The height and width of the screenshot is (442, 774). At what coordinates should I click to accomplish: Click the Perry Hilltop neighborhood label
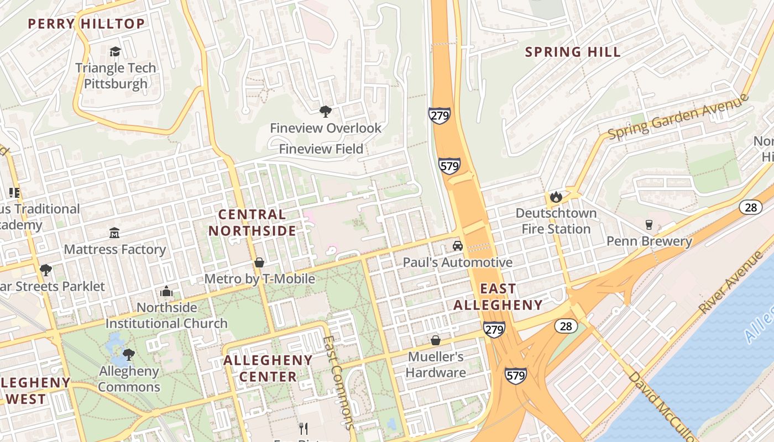tap(86, 24)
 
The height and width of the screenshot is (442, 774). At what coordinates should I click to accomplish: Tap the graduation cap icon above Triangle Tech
tap(115, 51)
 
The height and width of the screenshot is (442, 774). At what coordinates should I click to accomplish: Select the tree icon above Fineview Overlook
tap(326, 112)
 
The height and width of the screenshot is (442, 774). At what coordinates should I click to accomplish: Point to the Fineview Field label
tap(321, 149)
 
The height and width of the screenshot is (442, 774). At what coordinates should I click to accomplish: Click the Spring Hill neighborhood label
tap(573, 52)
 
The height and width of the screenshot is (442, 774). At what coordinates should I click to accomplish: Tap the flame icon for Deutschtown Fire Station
tap(556, 197)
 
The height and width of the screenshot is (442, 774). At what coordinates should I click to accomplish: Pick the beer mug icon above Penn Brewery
tap(649, 225)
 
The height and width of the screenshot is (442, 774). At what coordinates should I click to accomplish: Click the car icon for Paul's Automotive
tap(457, 245)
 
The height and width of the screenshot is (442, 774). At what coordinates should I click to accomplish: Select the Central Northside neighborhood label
tap(252, 223)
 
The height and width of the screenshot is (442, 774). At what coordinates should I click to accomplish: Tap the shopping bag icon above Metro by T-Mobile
tap(259, 262)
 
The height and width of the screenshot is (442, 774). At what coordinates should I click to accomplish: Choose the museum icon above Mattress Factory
tap(114, 233)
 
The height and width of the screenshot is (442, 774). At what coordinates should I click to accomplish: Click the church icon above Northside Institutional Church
tap(166, 291)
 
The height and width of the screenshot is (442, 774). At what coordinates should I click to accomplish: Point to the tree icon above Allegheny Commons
tap(129, 354)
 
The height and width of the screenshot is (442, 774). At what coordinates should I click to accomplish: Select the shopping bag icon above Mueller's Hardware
tap(436, 340)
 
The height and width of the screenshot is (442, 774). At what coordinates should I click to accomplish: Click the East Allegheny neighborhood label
tap(498, 297)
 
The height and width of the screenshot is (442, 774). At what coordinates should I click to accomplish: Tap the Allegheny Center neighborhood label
tap(268, 369)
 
